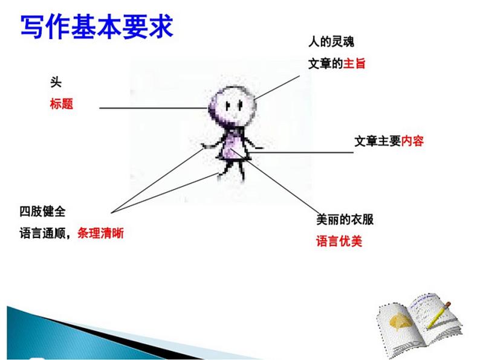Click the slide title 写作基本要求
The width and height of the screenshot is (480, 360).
point(97,27)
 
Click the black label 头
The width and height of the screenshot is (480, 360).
point(56,82)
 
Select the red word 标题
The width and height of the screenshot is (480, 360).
point(61,103)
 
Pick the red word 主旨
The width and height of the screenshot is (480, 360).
point(354,63)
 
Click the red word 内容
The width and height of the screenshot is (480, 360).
point(412,141)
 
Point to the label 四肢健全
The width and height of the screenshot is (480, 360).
point(42,211)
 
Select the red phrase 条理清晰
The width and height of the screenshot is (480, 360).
point(100,233)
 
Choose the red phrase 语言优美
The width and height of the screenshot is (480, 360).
point(339,242)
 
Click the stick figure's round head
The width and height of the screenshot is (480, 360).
point(233,105)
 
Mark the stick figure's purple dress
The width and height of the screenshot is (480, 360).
point(231,148)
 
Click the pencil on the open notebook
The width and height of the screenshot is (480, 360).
point(439,314)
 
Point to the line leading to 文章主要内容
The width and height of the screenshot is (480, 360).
point(302,152)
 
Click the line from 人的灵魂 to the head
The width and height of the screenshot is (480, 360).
point(278,87)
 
